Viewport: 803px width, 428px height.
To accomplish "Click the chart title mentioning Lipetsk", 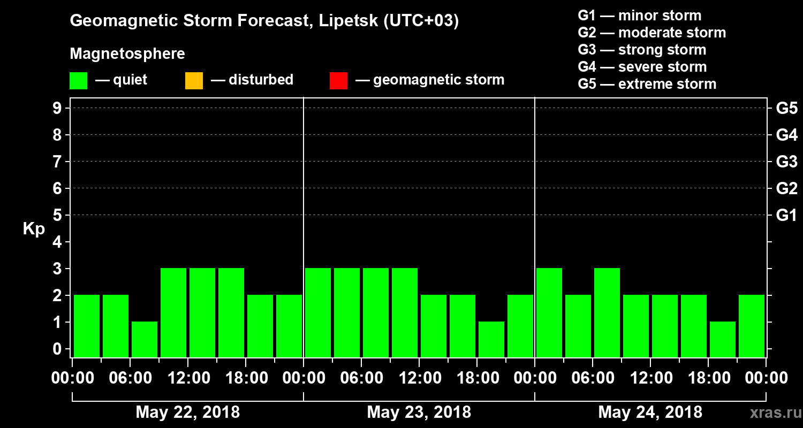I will tap(264, 21).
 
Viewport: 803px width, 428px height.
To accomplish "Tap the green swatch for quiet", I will tap(78, 80).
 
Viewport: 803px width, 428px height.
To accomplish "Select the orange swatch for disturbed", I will tap(194, 80).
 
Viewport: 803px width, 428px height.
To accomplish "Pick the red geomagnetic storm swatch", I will tap(338, 80).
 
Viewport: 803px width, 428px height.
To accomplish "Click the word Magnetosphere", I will tap(127, 54).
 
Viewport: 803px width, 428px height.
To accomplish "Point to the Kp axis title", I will tap(34, 228).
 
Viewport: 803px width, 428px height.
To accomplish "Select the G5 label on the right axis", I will tap(786, 109).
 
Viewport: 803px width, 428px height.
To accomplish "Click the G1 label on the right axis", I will tap(786, 216).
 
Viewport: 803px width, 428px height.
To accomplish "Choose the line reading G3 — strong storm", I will tap(642, 50).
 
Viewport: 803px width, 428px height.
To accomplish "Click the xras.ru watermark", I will tap(772, 412).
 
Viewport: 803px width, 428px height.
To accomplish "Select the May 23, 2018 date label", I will tap(419, 412).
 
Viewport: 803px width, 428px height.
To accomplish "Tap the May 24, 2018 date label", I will tap(650, 412).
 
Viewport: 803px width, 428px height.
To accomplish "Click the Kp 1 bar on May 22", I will tap(145, 339).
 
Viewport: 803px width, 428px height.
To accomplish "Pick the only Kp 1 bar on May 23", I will tap(491, 339).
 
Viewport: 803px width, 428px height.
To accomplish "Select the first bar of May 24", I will tap(549, 312).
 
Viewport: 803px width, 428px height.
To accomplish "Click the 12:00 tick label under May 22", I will tap(188, 378).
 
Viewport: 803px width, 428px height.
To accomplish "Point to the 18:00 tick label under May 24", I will tap(708, 378).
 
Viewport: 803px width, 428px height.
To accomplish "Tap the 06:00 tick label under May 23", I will tap(361, 378).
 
